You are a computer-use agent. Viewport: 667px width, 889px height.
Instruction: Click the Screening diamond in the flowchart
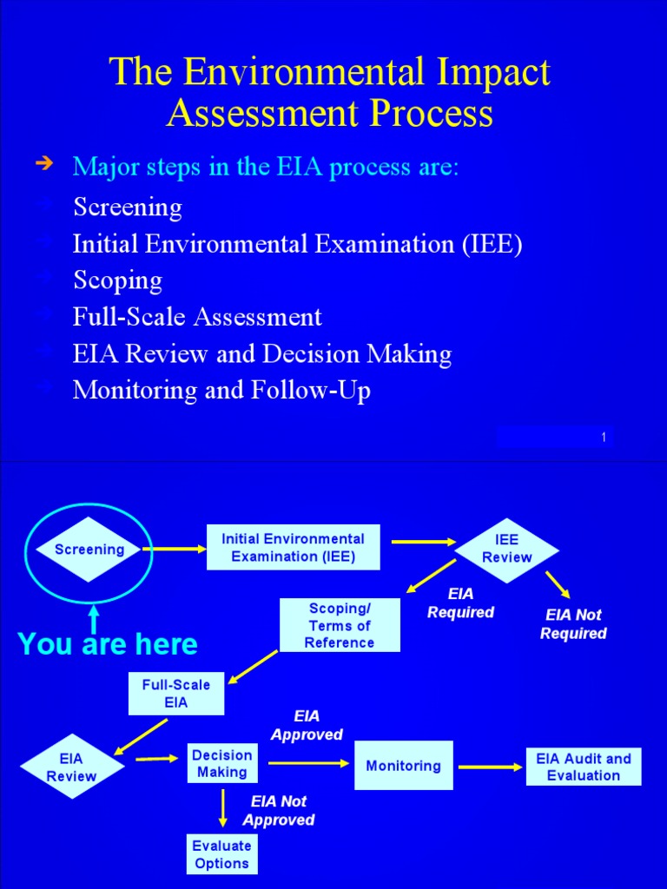coord(89,550)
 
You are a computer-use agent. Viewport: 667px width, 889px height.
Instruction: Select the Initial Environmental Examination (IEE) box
coord(293,548)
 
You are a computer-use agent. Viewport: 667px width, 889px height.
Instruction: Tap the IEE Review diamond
coord(506,549)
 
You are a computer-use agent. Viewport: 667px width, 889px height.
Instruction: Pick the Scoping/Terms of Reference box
coord(340,625)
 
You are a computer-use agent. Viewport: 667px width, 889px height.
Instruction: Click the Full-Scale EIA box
coord(175,694)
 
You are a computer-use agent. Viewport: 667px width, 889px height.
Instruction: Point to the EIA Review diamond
coord(71,767)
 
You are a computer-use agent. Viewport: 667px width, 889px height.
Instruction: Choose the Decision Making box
coord(222,764)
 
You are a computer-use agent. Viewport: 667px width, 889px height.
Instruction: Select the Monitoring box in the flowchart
coord(403,766)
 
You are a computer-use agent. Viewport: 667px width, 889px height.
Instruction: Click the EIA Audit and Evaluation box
coord(583,767)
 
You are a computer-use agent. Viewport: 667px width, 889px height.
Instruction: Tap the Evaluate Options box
coord(222,854)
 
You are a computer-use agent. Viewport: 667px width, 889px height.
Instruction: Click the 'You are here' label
coord(108,645)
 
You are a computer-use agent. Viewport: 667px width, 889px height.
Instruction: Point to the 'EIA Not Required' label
coord(573,624)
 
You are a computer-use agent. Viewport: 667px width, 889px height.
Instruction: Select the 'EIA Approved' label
coord(307,726)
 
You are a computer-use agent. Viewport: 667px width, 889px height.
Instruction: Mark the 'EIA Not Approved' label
coord(279,811)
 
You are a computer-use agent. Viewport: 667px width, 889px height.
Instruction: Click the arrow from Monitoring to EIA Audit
coord(490,767)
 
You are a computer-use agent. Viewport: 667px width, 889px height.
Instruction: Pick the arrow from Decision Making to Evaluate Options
coord(223,807)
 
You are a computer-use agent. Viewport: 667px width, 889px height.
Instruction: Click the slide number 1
coord(603,438)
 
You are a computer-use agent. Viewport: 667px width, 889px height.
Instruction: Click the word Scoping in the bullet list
coord(117,281)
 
